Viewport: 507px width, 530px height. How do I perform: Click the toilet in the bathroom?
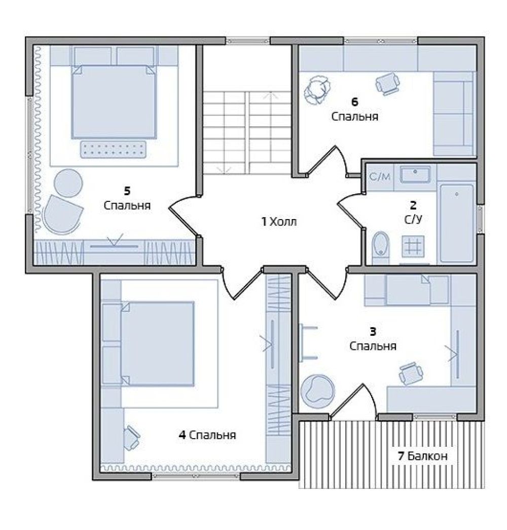(381, 248)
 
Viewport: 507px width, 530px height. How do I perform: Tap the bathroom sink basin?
(415, 174)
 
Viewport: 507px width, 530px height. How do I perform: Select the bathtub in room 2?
(457, 223)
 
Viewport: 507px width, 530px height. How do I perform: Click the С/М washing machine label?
(380, 176)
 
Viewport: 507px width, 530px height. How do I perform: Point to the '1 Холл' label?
(279, 222)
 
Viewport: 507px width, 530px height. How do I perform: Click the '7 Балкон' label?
(422, 456)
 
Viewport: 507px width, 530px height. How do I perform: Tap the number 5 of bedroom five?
(127, 191)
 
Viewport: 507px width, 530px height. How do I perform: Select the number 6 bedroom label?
(354, 101)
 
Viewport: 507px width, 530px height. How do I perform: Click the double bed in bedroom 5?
(114, 101)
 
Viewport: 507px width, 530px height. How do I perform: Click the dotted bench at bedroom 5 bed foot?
(113, 149)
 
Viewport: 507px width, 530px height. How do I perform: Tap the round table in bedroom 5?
(68, 183)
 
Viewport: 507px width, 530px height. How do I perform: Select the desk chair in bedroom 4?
(131, 438)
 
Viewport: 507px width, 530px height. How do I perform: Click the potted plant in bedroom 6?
(317, 90)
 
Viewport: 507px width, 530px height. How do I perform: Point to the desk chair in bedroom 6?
(388, 83)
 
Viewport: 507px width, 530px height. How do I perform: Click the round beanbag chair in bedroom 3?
(317, 391)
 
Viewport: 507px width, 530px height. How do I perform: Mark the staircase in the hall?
(247, 133)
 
